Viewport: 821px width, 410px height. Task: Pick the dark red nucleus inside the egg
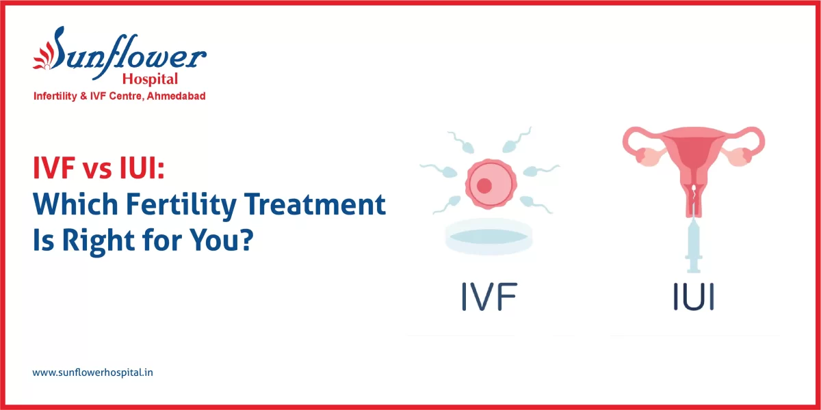coord(484,185)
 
